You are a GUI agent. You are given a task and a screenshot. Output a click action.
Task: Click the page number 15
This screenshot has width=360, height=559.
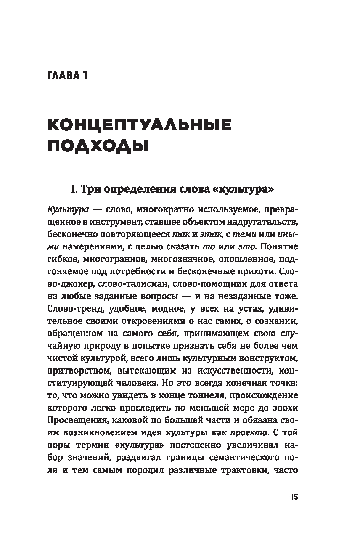[294, 497]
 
